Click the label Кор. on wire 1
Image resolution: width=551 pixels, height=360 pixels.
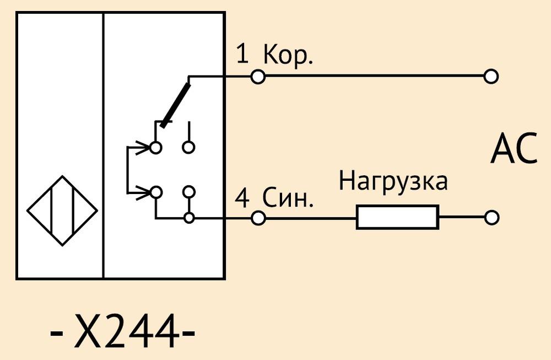pos(288,56)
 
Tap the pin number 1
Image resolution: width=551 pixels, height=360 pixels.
pos(242,54)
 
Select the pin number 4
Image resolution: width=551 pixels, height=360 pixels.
pos(242,198)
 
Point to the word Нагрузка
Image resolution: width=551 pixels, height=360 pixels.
pos(393,182)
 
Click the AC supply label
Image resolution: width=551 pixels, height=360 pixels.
pos(514,149)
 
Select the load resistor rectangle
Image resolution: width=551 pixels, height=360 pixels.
pos(397,217)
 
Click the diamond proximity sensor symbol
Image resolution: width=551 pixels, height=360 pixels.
pos(62,211)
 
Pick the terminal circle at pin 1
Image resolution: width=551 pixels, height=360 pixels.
pos(258,76)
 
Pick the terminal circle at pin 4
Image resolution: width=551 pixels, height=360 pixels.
pos(258,218)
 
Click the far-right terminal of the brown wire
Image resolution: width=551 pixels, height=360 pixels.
pos(491,76)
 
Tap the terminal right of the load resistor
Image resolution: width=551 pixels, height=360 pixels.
pos(491,218)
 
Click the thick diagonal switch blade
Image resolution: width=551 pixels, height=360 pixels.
pos(175,104)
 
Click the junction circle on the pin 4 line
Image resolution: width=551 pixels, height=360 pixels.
pos(189,218)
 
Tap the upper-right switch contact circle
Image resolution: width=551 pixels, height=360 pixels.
pos(188,147)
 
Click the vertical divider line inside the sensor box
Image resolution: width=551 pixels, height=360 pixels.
pos(104,146)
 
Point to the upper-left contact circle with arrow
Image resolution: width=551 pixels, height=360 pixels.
pos(156,147)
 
